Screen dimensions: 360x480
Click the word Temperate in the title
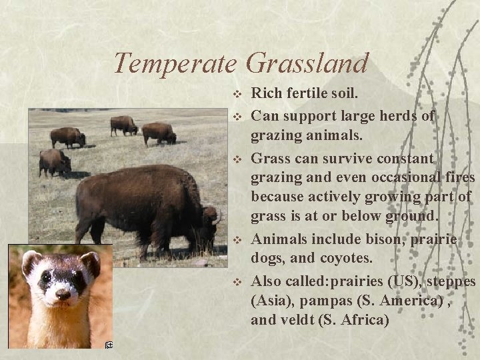(175, 63)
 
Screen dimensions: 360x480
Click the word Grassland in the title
(306, 63)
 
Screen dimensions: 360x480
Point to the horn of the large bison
(216, 217)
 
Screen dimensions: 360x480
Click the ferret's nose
(63, 293)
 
